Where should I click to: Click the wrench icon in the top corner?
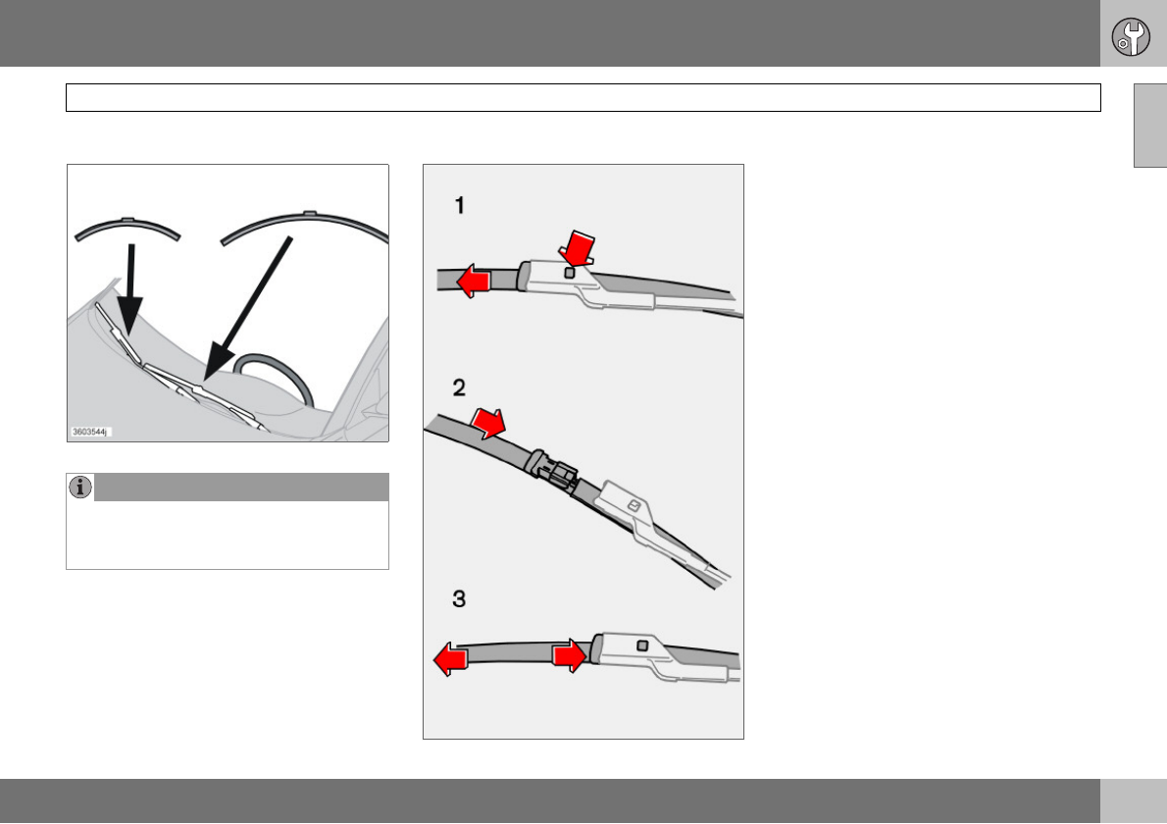pyautogui.click(x=1131, y=36)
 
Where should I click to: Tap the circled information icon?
pyautogui.click(x=80, y=487)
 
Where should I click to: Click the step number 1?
pyautogui.click(x=460, y=205)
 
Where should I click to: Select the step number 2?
pyautogui.click(x=459, y=387)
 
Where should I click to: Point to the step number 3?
pyautogui.click(x=459, y=598)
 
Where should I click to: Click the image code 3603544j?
pyautogui.click(x=90, y=432)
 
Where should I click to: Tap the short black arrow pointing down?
pyautogui.click(x=131, y=290)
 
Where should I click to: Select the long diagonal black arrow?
pyautogui.click(x=247, y=308)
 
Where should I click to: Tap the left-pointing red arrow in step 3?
pyautogui.click(x=451, y=659)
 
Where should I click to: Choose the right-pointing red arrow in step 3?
pyautogui.click(x=570, y=656)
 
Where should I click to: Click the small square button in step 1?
pyautogui.click(x=570, y=273)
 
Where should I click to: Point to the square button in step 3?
pyautogui.click(x=642, y=645)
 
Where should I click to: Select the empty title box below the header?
pyautogui.click(x=583, y=97)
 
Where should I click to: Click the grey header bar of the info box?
pyautogui.click(x=241, y=487)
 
